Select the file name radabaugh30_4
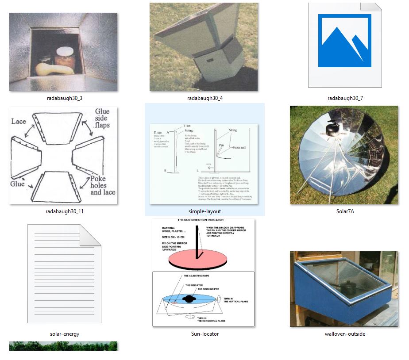(204, 98)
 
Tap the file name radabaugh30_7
(345, 98)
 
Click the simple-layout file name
(204, 211)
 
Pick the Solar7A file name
(345, 211)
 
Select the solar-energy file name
(64, 334)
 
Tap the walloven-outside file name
(345, 334)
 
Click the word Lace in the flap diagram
(19, 121)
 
